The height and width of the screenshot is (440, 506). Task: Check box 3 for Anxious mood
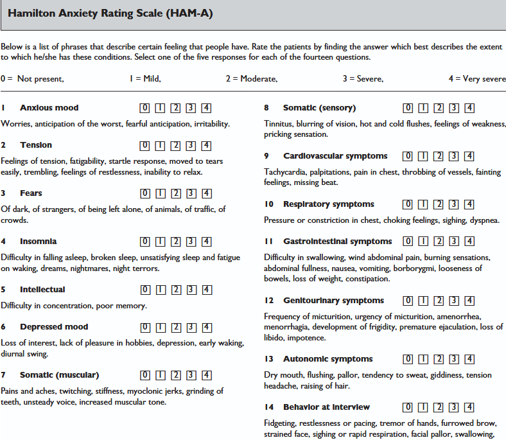tap(191, 108)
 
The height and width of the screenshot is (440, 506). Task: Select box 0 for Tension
tap(145, 146)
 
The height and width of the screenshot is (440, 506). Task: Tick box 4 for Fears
tap(207, 193)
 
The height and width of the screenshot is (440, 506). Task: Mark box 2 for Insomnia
tap(176, 242)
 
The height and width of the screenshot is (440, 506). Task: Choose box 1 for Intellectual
tap(161, 290)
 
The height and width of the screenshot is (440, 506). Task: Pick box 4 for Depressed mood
tap(207, 328)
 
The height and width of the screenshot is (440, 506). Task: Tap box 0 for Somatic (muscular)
tap(145, 376)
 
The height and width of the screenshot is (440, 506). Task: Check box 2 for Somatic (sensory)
tap(439, 108)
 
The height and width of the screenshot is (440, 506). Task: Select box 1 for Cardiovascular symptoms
tap(424, 156)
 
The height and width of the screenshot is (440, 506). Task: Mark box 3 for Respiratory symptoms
tap(455, 205)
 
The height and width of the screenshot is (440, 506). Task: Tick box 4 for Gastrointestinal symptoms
tap(470, 242)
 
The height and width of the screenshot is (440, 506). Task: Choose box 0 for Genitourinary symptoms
tap(408, 301)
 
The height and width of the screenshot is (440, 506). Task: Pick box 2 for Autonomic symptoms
tap(439, 360)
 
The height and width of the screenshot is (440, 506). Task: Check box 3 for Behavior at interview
tap(455, 408)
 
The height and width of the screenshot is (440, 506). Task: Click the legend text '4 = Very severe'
tap(477, 79)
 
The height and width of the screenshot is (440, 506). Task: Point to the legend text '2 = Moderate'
tap(251, 79)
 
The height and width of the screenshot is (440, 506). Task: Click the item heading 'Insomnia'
tap(38, 242)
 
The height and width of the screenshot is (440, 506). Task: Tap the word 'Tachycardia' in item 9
tap(285, 172)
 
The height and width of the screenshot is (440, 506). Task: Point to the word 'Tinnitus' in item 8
tap(278, 124)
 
